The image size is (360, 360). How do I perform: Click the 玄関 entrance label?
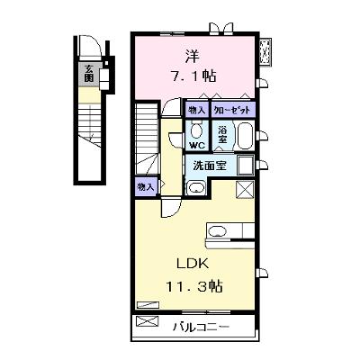pyautogui.click(x=88, y=74)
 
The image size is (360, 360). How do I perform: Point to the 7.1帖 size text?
pyautogui.click(x=193, y=76)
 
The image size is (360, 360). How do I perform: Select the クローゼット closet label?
pyautogui.click(x=231, y=111)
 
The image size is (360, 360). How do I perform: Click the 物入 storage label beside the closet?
pyautogui.click(x=196, y=111)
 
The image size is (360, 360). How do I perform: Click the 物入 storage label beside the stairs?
pyautogui.click(x=146, y=187)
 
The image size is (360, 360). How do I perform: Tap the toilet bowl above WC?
pyautogui.click(x=197, y=130)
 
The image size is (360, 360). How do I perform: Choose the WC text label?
pyautogui.click(x=197, y=146)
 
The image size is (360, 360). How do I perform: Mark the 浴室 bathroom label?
pyautogui.click(x=222, y=134)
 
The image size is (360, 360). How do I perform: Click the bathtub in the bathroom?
pyautogui.click(x=246, y=135)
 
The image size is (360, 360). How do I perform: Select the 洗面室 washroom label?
pyautogui.click(x=210, y=166)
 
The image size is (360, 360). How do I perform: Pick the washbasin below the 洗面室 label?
pyautogui.click(x=196, y=188)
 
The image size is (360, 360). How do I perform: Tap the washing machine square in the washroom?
pyautogui.click(x=246, y=166)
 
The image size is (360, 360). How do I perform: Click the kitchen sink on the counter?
pyautogui.click(x=215, y=230)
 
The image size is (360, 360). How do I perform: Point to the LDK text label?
pyautogui.click(x=192, y=264)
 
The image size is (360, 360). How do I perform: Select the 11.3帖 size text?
pyautogui.click(x=194, y=286)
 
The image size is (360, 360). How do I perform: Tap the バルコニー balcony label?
pyautogui.click(x=201, y=326)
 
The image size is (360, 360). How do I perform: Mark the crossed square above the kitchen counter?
pyautogui.click(x=245, y=190)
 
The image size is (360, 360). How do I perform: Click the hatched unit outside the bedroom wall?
pyautogui.click(x=265, y=51)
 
